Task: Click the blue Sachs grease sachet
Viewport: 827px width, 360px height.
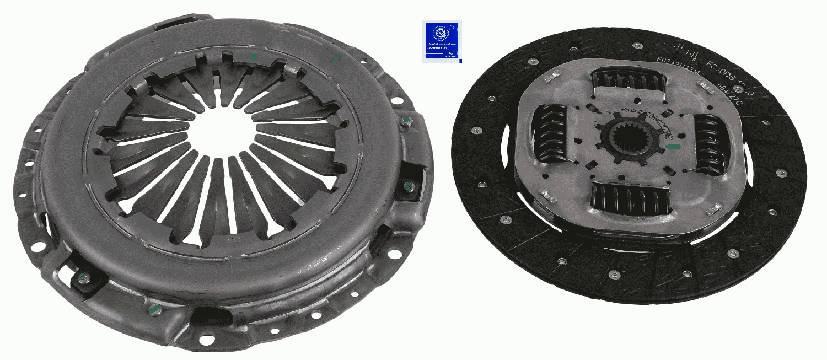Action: click(x=442, y=41)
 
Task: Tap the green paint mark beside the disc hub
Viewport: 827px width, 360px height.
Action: click(x=673, y=147)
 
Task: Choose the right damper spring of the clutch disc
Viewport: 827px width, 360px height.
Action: click(x=711, y=144)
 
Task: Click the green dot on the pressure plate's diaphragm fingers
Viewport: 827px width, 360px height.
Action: click(x=254, y=57)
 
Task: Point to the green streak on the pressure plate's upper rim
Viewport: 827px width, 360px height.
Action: click(x=335, y=57)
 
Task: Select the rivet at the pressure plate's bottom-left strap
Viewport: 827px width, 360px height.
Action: click(x=84, y=278)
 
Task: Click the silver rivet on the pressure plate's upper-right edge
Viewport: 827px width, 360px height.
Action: click(x=406, y=122)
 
